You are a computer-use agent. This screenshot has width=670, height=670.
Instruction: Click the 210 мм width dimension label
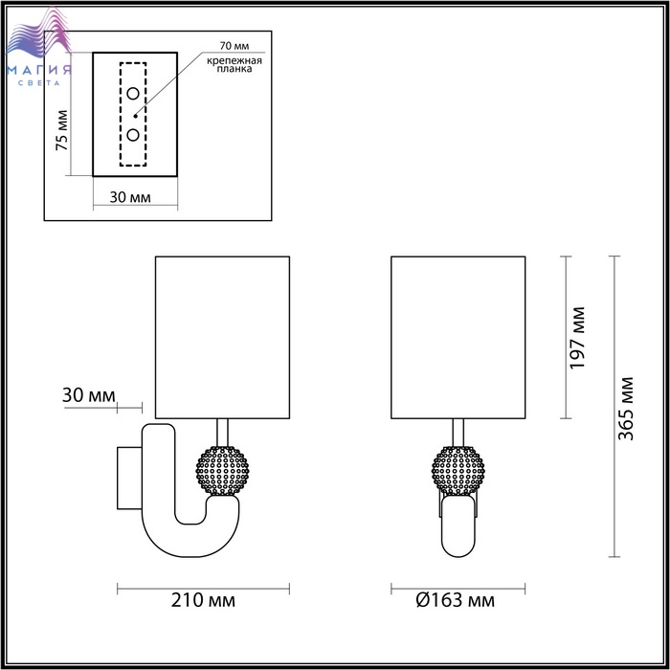pyautogui.click(x=203, y=600)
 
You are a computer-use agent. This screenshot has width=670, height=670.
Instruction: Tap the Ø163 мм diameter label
pyautogui.click(x=455, y=600)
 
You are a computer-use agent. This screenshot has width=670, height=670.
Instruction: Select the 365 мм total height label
pyautogui.click(x=626, y=409)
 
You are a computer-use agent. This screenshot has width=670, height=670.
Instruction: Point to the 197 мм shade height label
pyautogui.click(x=577, y=338)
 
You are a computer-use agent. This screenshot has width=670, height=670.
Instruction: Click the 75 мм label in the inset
pyautogui.click(x=62, y=130)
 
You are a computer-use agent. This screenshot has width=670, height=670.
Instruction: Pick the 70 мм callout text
pyautogui.click(x=234, y=46)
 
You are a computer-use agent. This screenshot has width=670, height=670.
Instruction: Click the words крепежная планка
pyautogui.click(x=234, y=64)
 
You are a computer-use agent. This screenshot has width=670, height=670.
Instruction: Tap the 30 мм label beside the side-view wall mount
pyautogui.click(x=89, y=395)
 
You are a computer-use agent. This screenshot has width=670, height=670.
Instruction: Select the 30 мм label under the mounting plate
pyautogui.click(x=130, y=197)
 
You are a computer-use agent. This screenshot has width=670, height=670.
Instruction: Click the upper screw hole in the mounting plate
pyautogui.click(x=133, y=93)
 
